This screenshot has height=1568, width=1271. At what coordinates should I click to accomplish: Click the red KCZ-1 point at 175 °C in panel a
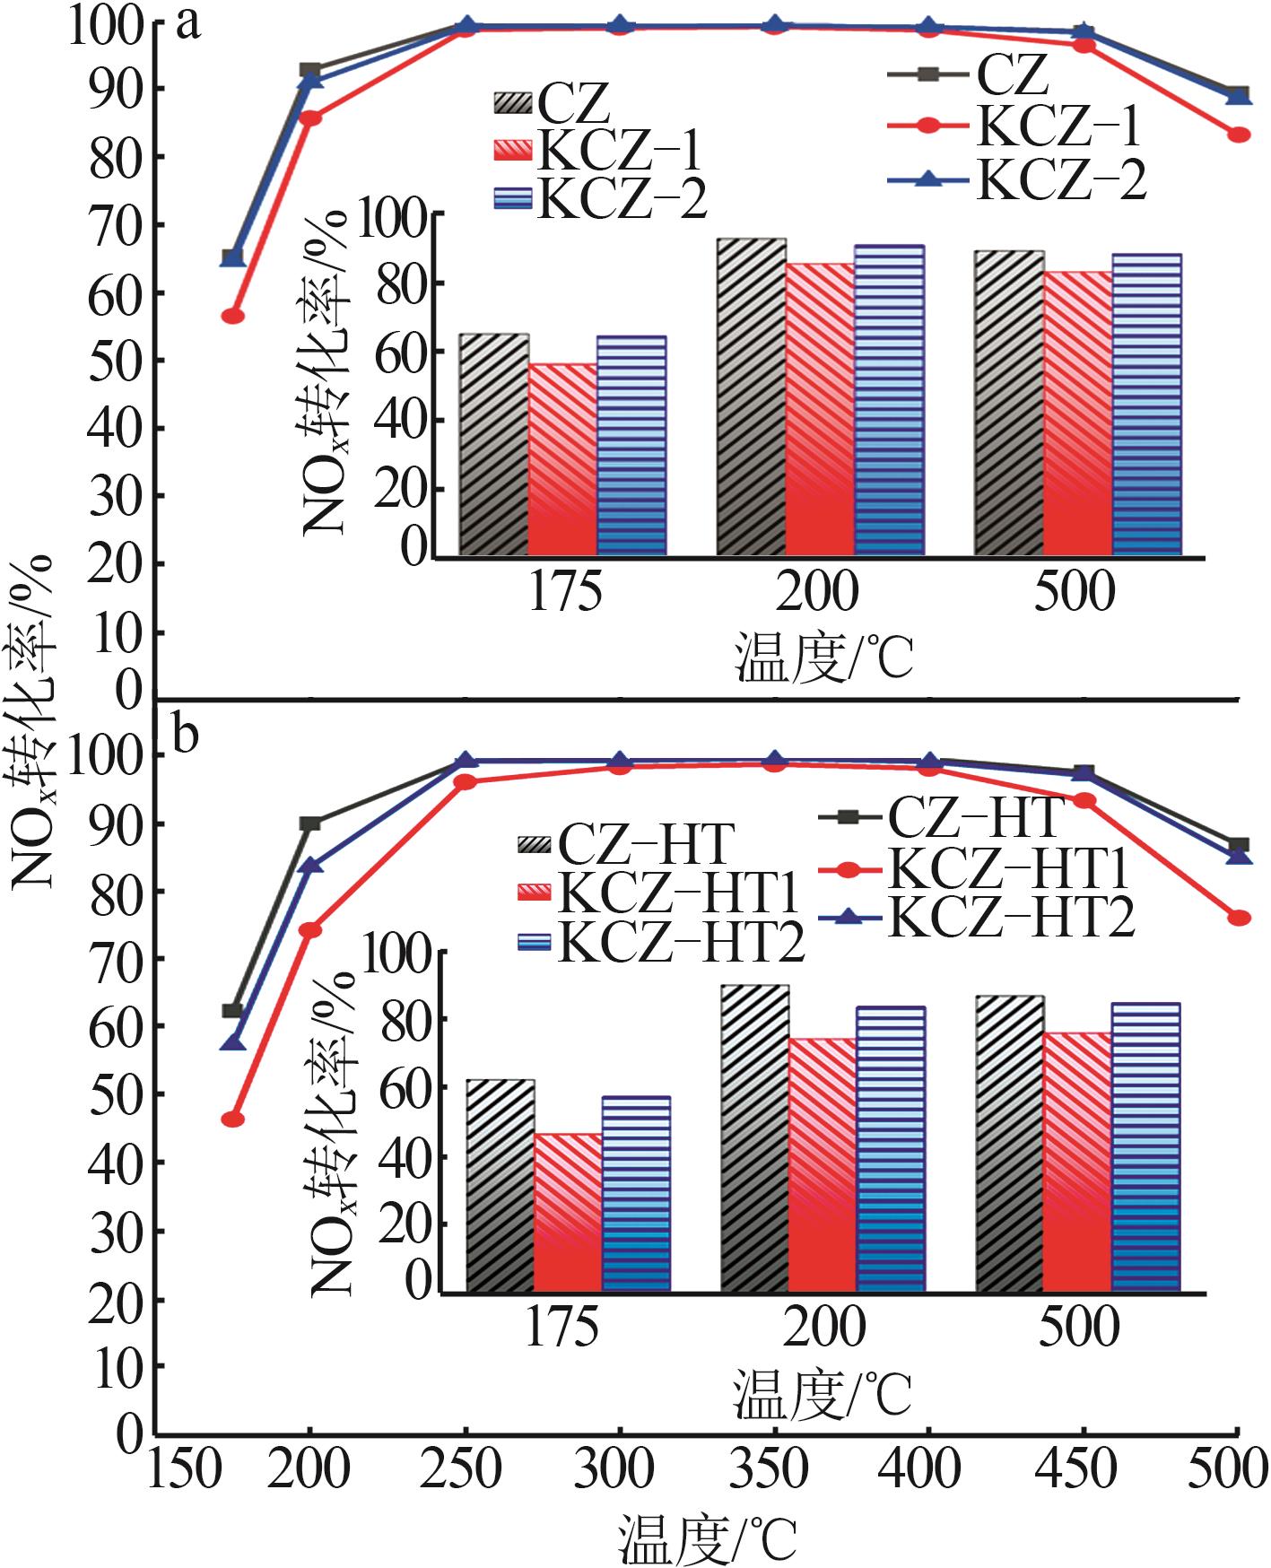tap(232, 316)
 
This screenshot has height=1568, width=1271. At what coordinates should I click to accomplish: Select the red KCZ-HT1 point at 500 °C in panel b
tap(1239, 918)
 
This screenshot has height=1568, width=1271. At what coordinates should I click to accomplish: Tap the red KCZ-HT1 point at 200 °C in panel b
tap(309, 929)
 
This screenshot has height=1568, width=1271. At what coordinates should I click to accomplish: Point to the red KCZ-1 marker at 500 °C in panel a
tap(1239, 135)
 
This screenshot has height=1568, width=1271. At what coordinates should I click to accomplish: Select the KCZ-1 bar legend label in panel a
tap(618, 150)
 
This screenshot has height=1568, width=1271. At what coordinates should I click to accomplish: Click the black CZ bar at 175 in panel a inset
tap(493, 444)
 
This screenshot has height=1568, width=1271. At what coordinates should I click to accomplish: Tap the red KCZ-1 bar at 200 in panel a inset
tap(820, 409)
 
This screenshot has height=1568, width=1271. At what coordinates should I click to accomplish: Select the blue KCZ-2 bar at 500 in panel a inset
tap(1146, 404)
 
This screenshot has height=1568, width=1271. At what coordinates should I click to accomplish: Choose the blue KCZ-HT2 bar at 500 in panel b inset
tap(1145, 1147)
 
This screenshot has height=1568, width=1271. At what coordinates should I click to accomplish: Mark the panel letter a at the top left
tap(187, 24)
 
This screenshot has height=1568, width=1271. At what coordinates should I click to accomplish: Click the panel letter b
tap(186, 736)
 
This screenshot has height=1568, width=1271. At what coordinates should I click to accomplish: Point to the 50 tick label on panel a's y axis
tap(116, 361)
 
